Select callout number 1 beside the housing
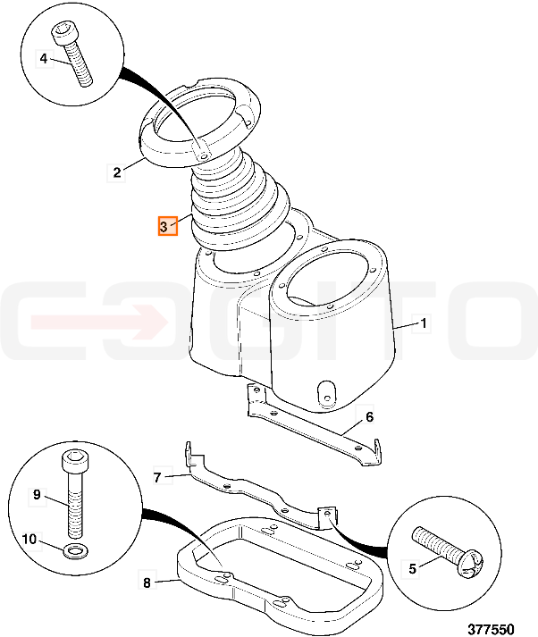pyautogui.click(x=423, y=323)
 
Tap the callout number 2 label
pyautogui.click(x=117, y=172)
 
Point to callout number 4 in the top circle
pyautogui.click(x=44, y=59)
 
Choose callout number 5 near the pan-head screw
pyautogui.click(x=413, y=568)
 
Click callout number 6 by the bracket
pyautogui.click(x=369, y=417)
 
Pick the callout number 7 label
pyautogui.click(x=157, y=477)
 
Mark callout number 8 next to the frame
pyautogui.click(x=147, y=583)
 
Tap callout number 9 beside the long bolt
pyautogui.click(x=37, y=494)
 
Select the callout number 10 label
pyautogui.click(x=29, y=539)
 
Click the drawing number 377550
pyautogui.click(x=491, y=628)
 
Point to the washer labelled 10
pyautogui.click(x=74, y=551)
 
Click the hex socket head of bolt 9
pyautogui.click(x=73, y=460)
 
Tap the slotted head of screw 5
pyautogui.click(x=470, y=562)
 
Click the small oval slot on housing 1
pyautogui.click(x=326, y=393)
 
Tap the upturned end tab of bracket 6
pyautogui.click(x=377, y=449)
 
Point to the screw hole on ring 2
pyautogui.click(x=204, y=155)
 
